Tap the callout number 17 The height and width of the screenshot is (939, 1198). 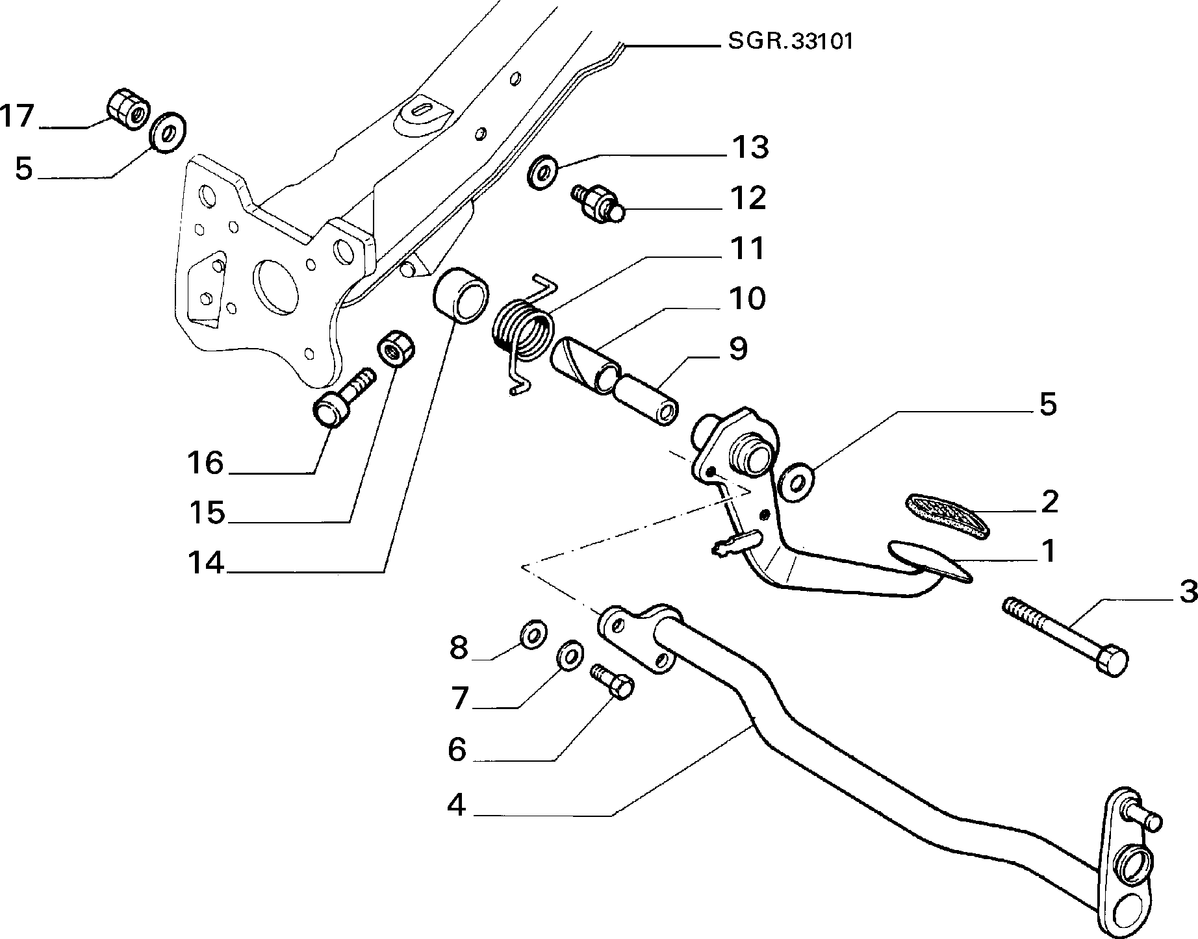pos(17,117)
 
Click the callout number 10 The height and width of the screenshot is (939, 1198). pos(748,299)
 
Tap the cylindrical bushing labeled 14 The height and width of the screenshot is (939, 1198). pos(458,295)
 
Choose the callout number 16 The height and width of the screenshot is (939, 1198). pos(205,464)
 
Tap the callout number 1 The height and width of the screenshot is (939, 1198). pos(1048,551)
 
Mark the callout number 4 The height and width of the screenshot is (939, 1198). pos(457,806)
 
